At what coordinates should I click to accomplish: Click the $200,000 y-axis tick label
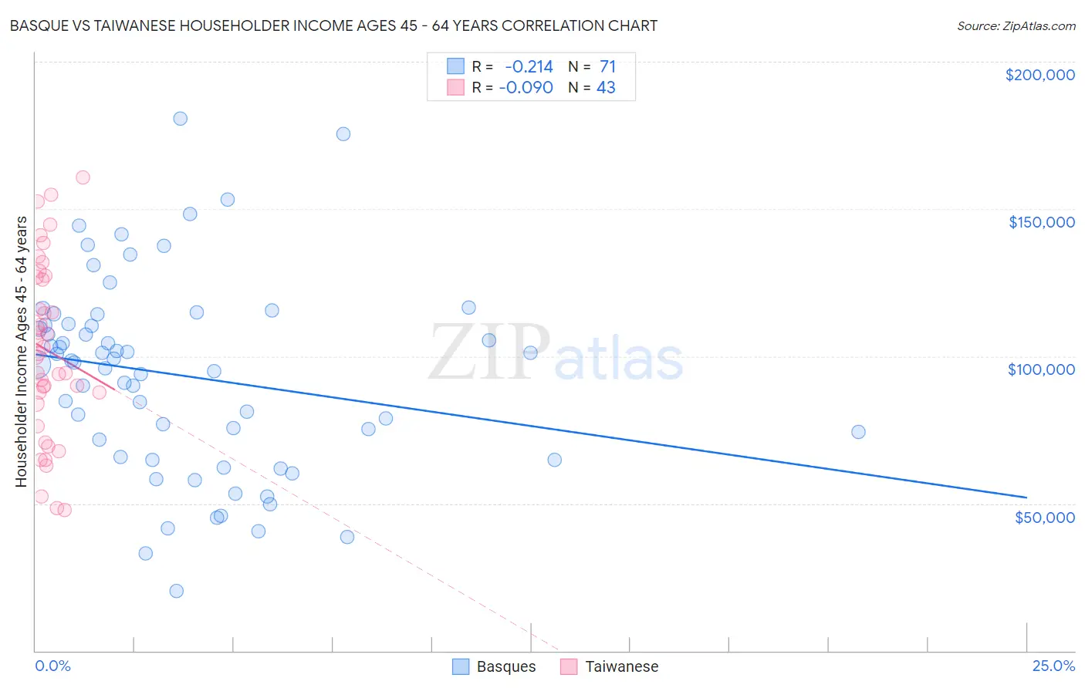pyautogui.click(x=1039, y=75)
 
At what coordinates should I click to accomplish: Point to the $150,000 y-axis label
pyautogui.click(x=1041, y=222)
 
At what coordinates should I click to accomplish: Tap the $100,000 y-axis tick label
pyautogui.click(x=1041, y=369)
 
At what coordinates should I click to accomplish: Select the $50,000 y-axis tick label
pyautogui.click(x=1044, y=517)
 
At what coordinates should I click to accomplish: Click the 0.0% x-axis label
pyautogui.click(x=52, y=666)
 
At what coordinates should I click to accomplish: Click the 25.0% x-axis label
pyautogui.click(x=1053, y=666)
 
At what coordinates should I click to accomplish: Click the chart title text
pyautogui.click(x=333, y=25)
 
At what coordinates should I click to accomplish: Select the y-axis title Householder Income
pyautogui.click(x=22, y=352)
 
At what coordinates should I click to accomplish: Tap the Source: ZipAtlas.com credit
pyautogui.click(x=1016, y=26)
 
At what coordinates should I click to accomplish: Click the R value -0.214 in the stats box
pyautogui.click(x=529, y=67)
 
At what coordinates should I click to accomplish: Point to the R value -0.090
pyautogui.click(x=526, y=88)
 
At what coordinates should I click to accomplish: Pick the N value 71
pyautogui.click(x=607, y=67)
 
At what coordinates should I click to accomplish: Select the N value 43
pyautogui.click(x=606, y=88)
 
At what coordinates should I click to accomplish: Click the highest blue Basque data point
pyautogui.click(x=180, y=119)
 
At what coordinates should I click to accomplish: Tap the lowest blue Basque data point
pyautogui.click(x=176, y=591)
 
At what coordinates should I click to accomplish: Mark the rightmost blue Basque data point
pyautogui.click(x=858, y=432)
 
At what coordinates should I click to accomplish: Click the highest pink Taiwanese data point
pyautogui.click(x=83, y=177)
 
